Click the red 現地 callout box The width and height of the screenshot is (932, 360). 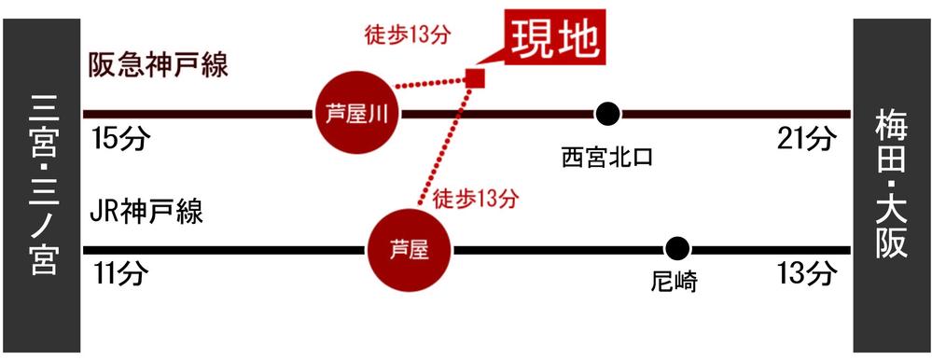point(554,40)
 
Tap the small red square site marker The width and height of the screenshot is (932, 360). point(475,77)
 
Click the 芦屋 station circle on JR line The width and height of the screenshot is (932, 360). point(410,249)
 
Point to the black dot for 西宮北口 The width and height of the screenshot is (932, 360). point(607,114)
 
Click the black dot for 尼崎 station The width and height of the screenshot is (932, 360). point(677,249)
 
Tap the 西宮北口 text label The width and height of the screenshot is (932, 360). point(606,156)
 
